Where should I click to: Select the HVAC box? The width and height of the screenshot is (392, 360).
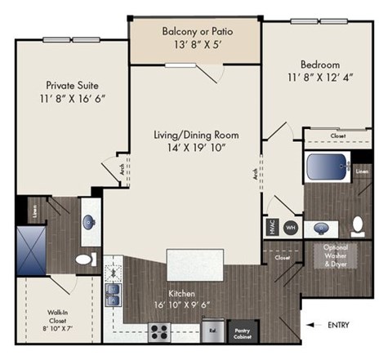269,227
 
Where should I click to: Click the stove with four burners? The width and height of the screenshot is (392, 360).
159,331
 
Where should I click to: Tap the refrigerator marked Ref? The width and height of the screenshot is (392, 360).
213,331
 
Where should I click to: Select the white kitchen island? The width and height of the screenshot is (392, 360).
195,266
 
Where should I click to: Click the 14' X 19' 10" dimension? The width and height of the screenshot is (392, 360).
196,147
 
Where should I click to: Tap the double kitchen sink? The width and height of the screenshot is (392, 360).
114,291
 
